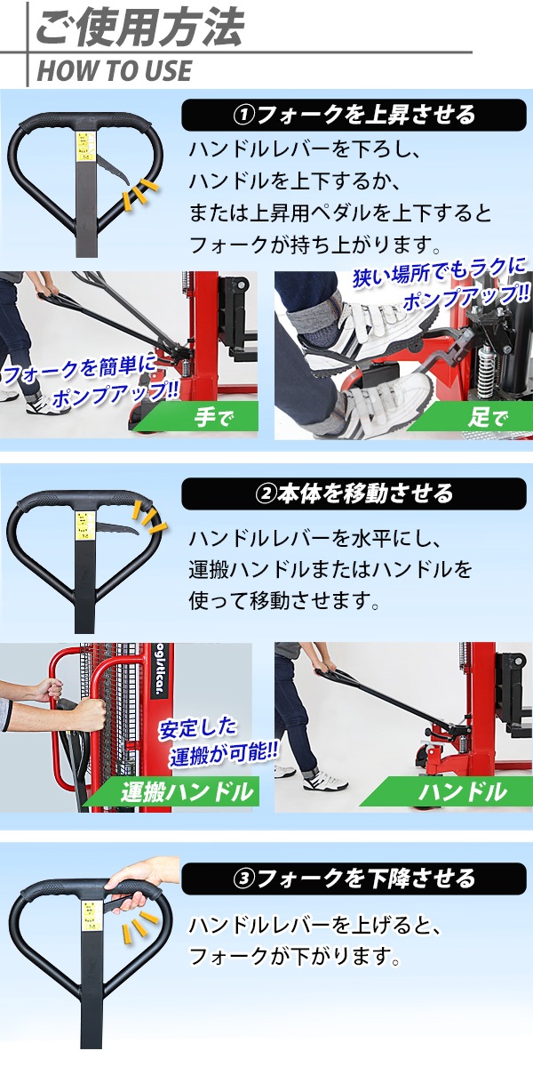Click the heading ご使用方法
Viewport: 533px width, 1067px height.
tap(139, 28)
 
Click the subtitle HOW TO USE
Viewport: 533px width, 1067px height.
tap(115, 70)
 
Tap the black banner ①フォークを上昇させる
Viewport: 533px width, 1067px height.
tap(354, 116)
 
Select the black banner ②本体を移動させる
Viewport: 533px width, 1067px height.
tap(354, 494)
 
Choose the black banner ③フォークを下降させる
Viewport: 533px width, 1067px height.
tap(354, 878)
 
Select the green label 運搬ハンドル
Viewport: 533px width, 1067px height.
tap(187, 792)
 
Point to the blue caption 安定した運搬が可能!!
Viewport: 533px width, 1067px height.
tap(218, 742)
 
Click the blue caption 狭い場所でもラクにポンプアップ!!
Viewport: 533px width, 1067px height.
tap(441, 283)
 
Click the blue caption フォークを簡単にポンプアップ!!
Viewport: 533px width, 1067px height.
tap(91, 382)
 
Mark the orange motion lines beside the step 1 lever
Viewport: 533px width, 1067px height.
tap(138, 195)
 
